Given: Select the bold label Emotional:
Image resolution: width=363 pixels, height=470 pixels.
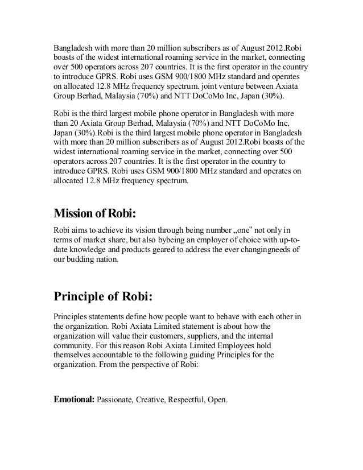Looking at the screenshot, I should [x=74, y=399].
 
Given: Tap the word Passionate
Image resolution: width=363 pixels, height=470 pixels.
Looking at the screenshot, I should [x=117, y=399].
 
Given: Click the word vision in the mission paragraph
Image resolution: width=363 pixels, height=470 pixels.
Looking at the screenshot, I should [x=145, y=230].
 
